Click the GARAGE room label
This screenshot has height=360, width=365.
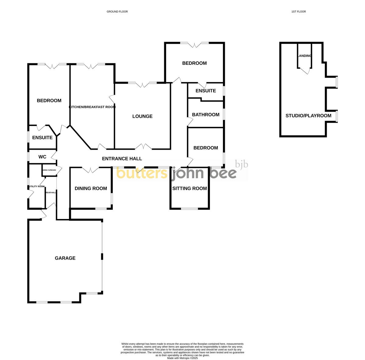click(x=65, y=258)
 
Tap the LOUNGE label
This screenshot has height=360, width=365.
click(x=142, y=116)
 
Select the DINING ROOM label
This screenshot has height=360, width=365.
click(x=91, y=188)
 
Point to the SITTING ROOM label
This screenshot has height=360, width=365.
click(x=189, y=188)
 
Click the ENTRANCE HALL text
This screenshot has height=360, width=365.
click(x=122, y=159)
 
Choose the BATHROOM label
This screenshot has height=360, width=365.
click(x=206, y=115)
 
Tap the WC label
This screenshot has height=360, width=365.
click(x=42, y=157)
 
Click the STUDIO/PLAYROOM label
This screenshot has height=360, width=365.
click(x=308, y=116)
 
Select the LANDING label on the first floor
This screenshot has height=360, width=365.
click(x=304, y=56)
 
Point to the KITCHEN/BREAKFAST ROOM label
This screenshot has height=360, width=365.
click(x=92, y=107)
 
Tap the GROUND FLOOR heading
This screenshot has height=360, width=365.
click(x=117, y=12)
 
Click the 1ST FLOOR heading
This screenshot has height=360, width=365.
click(x=298, y=12)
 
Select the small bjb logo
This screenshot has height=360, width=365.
click(x=242, y=165)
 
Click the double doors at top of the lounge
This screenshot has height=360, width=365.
click(x=142, y=85)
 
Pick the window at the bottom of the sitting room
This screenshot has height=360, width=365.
click(x=189, y=209)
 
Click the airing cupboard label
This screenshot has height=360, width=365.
click(x=49, y=170)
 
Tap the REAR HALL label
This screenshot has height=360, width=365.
click(x=51, y=193)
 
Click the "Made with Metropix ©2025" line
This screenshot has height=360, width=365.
click(x=182, y=358)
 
